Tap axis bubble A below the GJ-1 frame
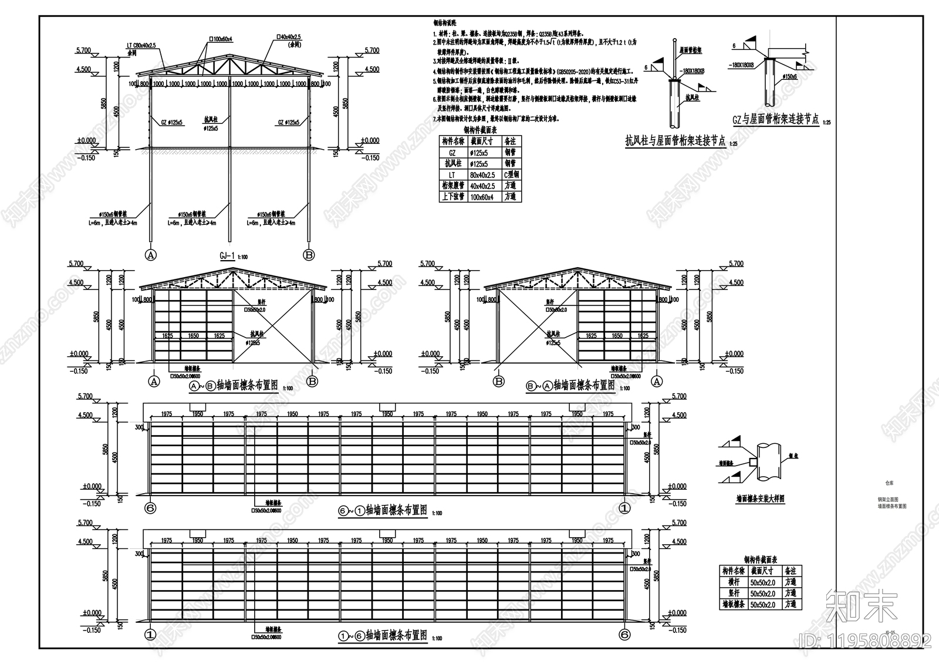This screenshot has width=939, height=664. click(x=151, y=255)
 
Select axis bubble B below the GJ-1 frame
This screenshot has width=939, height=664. click(x=309, y=255)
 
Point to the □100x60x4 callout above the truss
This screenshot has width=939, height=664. click(x=221, y=39)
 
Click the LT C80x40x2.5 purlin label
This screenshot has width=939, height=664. click(x=143, y=45)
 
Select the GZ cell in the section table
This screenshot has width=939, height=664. click(x=452, y=153)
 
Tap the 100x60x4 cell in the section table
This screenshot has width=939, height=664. click(x=482, y=197)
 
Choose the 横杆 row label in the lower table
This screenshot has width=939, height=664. click(x=733, y=582)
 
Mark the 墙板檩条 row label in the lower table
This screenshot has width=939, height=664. click(x=733, y=604)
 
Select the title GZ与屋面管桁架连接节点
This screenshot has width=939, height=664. click(x=775, y=120)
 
